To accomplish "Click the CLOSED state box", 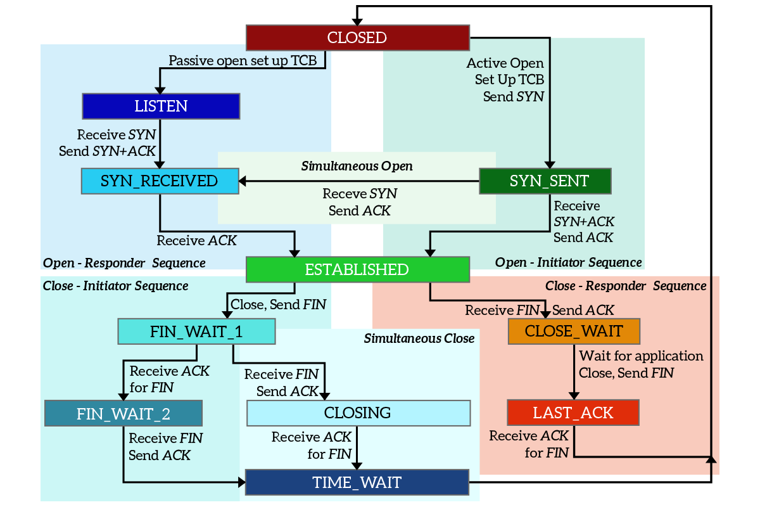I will pos(357,37).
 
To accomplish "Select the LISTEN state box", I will pos(161,106).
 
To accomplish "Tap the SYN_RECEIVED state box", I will pos(159,181).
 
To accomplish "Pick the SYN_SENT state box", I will pos(545,181).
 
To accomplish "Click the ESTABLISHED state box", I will pos(357,269).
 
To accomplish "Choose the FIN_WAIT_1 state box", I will pos(196,331).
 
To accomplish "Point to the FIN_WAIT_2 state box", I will pos(123,414).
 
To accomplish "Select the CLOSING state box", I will pos(358,413).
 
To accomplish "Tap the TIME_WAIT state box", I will pos(357,482).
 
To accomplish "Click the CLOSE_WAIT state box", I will pos(574,331).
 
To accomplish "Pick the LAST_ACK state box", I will pos(573,413).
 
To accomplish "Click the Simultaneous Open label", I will pos(357,167).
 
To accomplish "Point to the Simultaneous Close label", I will pos(419,338).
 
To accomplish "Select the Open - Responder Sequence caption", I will pos(124,263).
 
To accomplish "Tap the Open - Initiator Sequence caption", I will pos(568,262).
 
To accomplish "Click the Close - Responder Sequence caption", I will pos(626,286).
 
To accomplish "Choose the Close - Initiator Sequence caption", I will pos(115,286).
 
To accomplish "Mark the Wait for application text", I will pos(641,356).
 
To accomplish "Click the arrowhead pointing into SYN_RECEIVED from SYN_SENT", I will pos(243,181).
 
